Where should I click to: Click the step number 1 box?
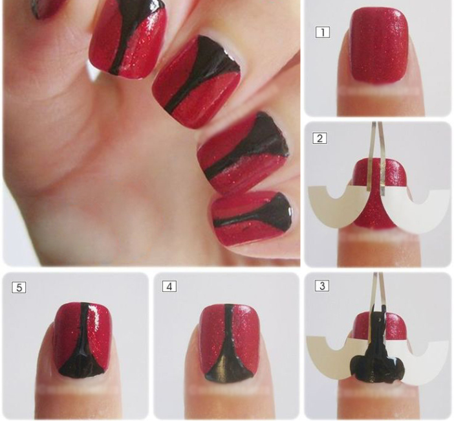[322, 32]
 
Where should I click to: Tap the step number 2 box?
[319, 138]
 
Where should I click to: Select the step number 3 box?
[322, 286]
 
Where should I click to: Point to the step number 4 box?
[169, 286]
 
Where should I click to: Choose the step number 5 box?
[19, 288]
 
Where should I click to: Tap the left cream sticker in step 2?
[336, 206]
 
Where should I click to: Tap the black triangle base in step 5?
[81, 363]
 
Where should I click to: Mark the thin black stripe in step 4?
[228, 323]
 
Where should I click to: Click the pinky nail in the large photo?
[252, 219]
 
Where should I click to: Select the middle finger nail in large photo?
[197, 82]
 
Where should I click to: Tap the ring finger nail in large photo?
[243, 153]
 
